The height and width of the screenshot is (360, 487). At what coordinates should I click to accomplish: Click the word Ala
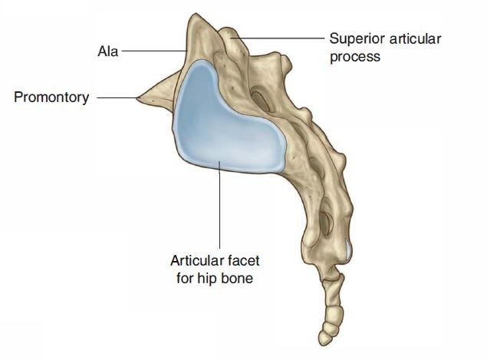(x=108, y=53)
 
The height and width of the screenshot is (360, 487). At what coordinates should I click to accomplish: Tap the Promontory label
(x=51, y=97)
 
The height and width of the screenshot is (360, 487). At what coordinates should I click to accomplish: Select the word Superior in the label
(x=354, y=38)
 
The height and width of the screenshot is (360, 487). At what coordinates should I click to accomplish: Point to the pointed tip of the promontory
(x=137, y=97)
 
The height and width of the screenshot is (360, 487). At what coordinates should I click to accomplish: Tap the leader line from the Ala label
(x=153, y=53)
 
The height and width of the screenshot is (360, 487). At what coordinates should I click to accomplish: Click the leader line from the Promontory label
(x=115, y=97)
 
